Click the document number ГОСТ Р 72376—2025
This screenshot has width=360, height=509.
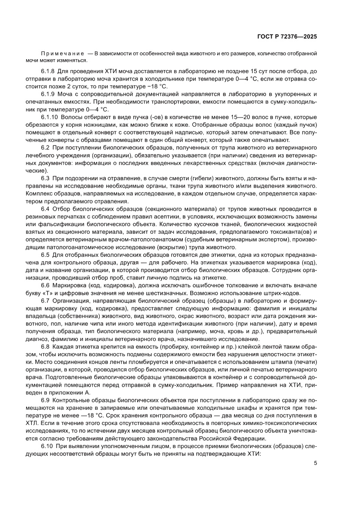[x=286, y=37]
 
